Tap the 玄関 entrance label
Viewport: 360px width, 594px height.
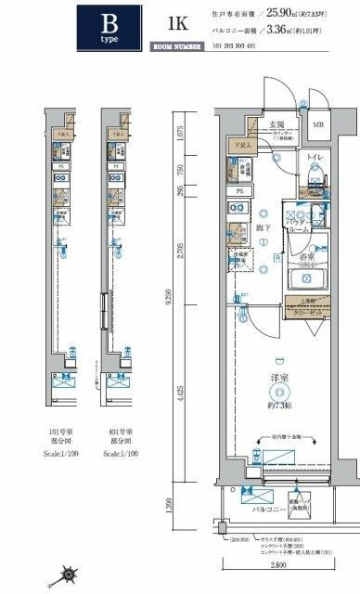pos(251,123)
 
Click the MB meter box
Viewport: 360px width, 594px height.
pos(318,124)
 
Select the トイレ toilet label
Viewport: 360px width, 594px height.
pos(313,157)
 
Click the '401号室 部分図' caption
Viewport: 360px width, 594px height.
pos(122,436)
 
